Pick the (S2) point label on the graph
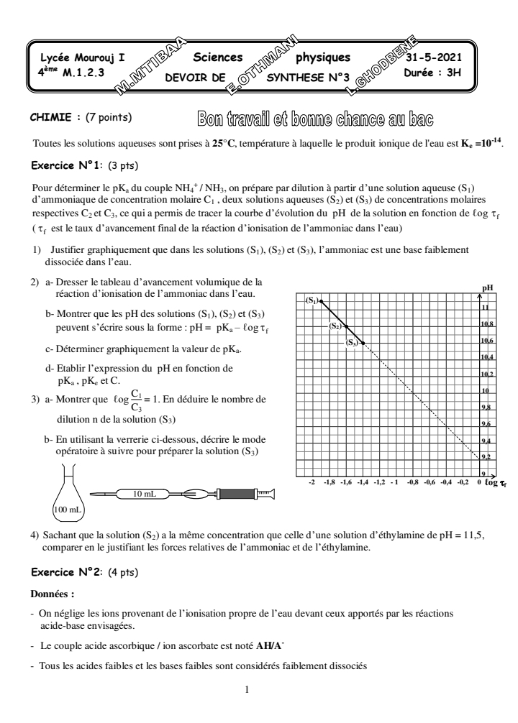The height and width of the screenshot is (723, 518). pyautogui.click(x=335, y=326)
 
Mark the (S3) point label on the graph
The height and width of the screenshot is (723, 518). pyautogui.click(x=353, y=343)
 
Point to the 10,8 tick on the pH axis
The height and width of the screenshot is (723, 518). pyautogui.click(x=486, y=324)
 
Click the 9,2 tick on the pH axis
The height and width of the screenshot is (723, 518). pyautogui.click(x=486, y=457)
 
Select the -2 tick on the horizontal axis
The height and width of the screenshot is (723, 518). pyautogui.click(x=312, y=484)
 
